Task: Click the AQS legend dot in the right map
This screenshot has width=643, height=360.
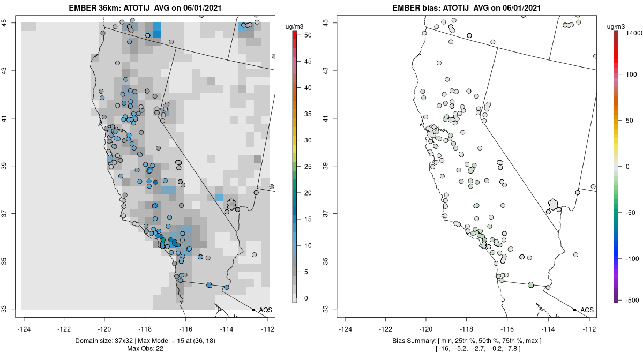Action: click(x=574, y=310)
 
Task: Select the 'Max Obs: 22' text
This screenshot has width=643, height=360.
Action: click(x=145, y=349)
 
